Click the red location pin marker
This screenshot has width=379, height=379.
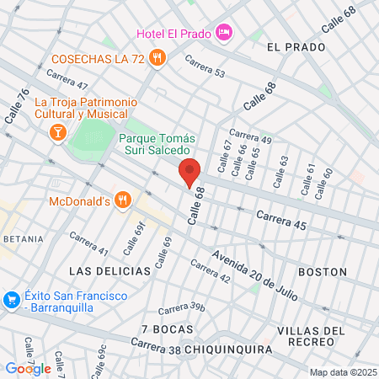[190, 172]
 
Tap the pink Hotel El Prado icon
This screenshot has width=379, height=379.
[224, 32]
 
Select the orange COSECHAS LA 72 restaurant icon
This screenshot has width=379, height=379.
[157, 58]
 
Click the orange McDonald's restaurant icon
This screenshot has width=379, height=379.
[123, 200]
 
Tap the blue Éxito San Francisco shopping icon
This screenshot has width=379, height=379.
[11, 299]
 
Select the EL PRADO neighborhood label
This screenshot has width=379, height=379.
[296, 47]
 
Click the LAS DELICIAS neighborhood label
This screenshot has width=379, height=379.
[109, 271]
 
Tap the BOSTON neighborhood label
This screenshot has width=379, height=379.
[323, 272]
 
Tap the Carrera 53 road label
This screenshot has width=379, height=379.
[206, 67]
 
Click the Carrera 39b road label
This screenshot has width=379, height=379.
[182, 308]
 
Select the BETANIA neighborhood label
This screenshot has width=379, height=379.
[22, 239]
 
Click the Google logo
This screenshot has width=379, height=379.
[28, 368]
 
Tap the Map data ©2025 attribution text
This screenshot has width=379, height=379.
[342, 372]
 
